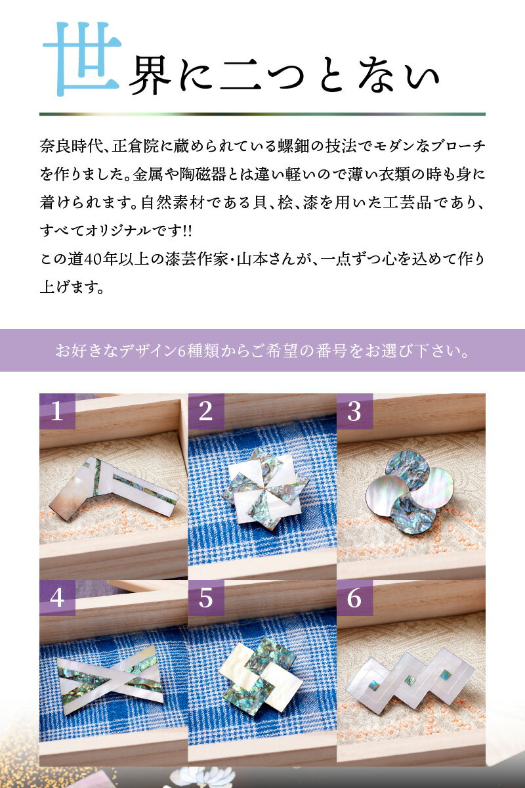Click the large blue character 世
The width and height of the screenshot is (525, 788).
coord(82,58)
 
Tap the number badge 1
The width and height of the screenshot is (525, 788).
coord(57,411)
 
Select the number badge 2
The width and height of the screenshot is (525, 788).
coord(206,411)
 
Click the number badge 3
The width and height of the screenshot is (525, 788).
coord(354,411)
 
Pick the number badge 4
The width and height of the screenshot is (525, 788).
coord(57,598)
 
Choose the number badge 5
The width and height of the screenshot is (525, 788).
coord(206,598)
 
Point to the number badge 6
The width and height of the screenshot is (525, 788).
coord(354,598)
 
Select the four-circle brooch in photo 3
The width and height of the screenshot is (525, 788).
coord(411,489)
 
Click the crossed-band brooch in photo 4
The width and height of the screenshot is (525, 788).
coord(108,674)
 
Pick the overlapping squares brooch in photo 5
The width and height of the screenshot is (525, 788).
coord(261,674)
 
